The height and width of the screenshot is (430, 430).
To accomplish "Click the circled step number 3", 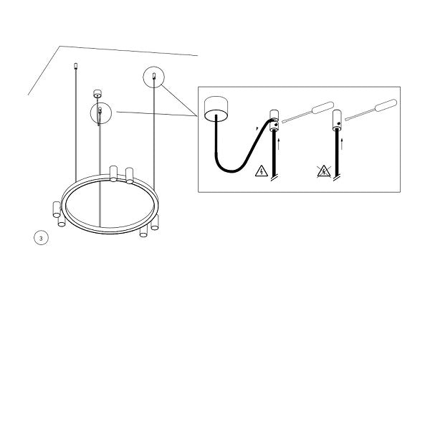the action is [41, 238].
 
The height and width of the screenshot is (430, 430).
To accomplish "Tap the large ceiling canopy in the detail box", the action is [216, 108].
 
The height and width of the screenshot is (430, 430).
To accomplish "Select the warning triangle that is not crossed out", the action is [262, 171].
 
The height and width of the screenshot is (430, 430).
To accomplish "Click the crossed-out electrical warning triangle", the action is [324, 171].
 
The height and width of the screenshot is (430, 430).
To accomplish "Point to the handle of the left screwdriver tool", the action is [322, 107].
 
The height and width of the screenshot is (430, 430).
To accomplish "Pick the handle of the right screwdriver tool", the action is [386, 105].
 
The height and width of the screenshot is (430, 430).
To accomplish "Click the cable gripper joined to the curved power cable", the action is [274, 120].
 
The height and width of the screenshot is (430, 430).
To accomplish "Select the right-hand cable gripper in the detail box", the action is [337, 120].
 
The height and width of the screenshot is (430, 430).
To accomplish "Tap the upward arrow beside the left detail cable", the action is [279, 144].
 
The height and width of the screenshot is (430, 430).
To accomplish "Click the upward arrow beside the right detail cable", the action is [342, 144].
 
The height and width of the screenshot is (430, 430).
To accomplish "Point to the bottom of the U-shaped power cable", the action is [231, 171].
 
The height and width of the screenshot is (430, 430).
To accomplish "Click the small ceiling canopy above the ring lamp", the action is [97, 93].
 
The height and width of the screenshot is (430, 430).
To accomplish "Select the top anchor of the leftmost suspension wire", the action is [76, 66].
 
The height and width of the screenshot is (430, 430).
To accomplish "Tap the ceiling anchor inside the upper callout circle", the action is [154, 76].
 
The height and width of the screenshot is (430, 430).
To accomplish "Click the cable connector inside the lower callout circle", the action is [100, 110].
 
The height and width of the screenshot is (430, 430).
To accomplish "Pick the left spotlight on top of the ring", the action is [113, 173].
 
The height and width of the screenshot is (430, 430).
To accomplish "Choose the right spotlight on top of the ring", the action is [130, 176].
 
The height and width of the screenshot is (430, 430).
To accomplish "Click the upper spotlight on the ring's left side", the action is [57, 209].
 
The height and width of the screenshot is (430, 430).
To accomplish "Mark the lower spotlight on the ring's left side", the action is [62, 220].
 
